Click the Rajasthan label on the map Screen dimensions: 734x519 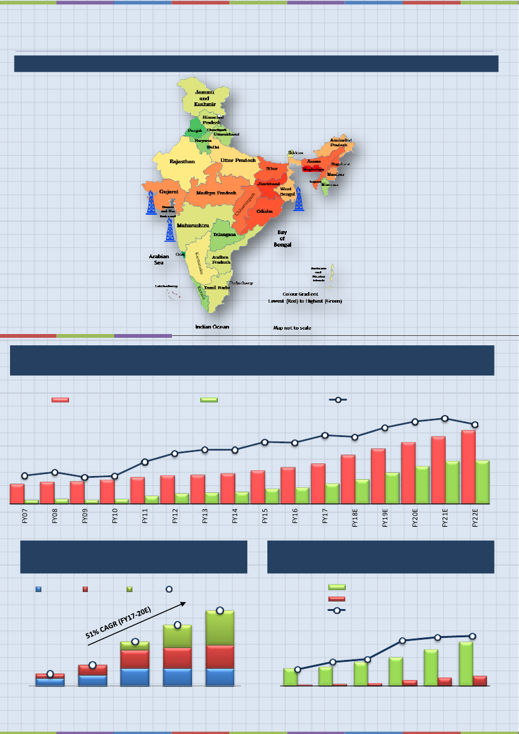183,162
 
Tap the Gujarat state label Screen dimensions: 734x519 169,191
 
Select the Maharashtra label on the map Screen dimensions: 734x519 193,225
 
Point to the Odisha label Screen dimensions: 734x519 264,212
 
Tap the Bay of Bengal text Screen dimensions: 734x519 282,238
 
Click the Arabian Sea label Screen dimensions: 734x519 159,260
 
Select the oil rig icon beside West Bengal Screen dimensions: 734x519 299,200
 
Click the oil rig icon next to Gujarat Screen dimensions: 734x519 151,203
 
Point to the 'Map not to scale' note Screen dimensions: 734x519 292,328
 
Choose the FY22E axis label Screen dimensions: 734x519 475,519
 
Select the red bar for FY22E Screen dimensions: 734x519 469,467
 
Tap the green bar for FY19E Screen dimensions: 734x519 392,488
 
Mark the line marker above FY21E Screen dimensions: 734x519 444,418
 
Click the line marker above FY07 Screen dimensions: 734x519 24,475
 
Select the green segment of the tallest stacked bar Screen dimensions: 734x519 220,628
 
